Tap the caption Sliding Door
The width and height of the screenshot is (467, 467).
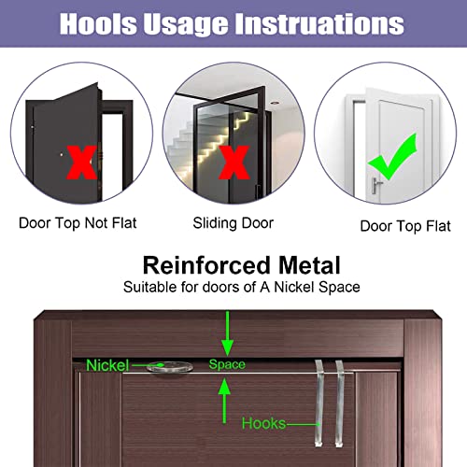tap(233, 224)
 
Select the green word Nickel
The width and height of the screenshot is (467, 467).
tap(109, 366)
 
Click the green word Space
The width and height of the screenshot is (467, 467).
tap(227, 364)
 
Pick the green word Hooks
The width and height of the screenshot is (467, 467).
tap(265, 422)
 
